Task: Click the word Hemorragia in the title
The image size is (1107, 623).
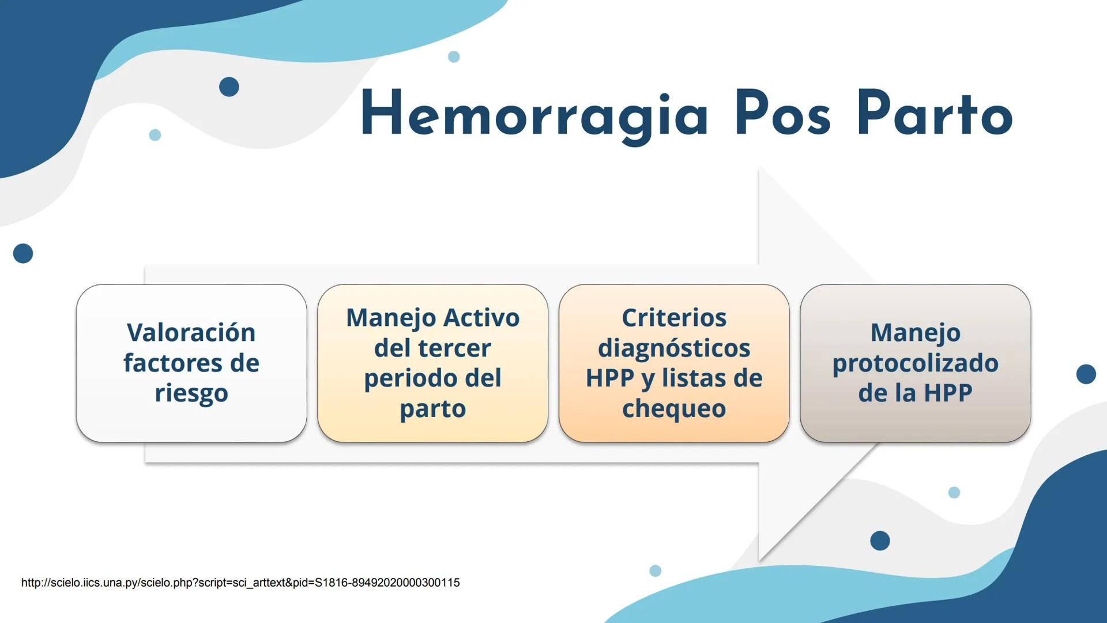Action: (533, 115)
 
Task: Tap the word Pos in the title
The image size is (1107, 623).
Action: (782, 114)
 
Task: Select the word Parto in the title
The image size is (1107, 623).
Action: (935, 114)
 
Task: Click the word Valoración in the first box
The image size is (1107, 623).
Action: (191, 333)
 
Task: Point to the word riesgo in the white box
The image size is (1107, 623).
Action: (191, 394)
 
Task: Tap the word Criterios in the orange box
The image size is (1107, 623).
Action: (673, 318)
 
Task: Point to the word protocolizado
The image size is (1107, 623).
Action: (915, 363)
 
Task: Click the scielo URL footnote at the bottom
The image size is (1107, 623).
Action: (240, 583)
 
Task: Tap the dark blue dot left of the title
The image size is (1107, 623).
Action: (229, 87)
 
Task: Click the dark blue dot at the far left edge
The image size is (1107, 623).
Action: (23, 253)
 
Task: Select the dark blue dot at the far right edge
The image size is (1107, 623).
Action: (1086, 374)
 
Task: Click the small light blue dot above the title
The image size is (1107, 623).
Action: (454, 57)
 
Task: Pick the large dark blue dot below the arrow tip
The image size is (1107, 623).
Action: (880, 541)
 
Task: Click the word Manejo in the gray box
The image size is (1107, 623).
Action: (915, 333)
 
